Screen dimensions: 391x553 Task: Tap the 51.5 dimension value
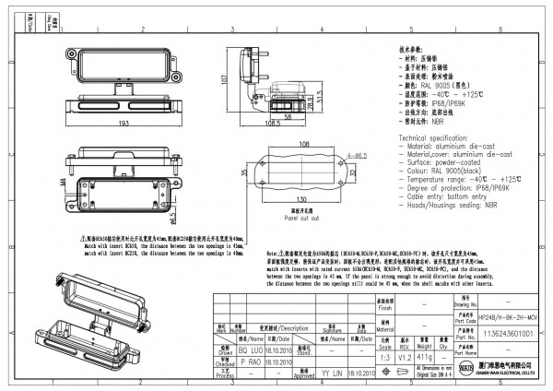click(320, 97)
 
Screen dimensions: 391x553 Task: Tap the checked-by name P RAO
click(250, 362)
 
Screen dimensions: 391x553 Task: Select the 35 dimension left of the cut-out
click(245, 172)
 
